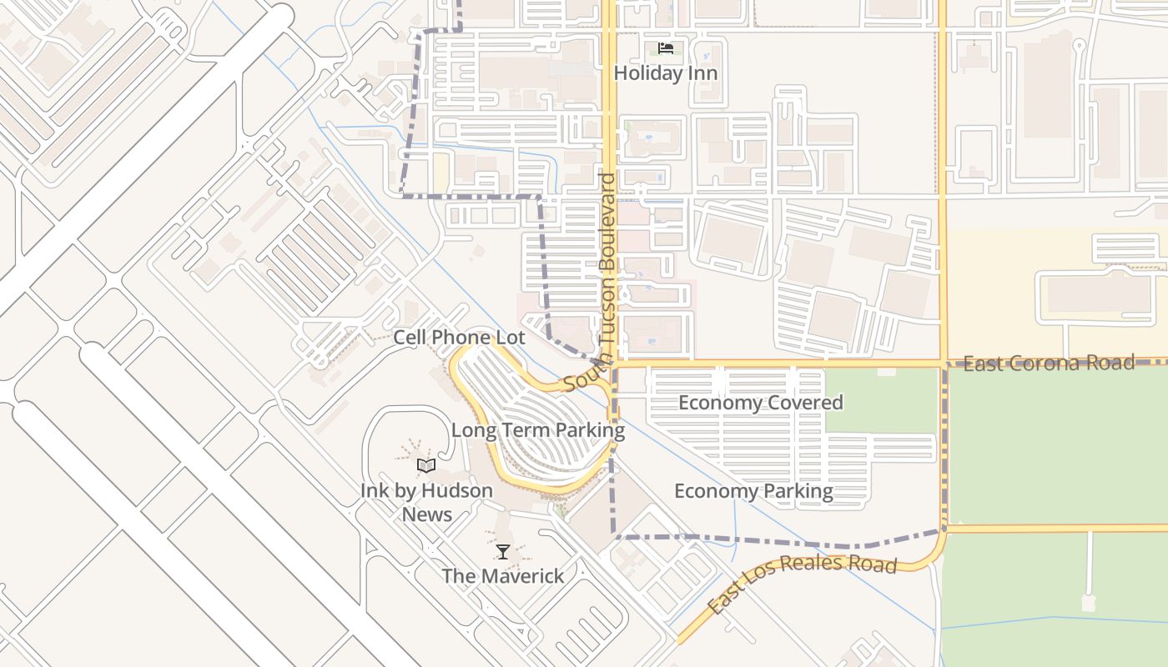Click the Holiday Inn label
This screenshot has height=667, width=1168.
665,73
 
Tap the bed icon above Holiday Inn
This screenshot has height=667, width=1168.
665,48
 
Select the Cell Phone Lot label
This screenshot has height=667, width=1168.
459,338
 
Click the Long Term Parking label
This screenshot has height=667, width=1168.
537,431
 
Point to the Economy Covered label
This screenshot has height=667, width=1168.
760,403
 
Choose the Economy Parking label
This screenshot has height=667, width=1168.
753,491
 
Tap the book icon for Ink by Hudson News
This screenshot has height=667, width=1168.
426,465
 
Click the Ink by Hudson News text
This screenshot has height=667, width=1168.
426,502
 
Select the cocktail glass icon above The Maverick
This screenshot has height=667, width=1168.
503,551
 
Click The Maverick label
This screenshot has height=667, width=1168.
502,576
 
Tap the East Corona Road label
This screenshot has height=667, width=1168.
1049,364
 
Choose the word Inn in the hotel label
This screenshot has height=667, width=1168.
701,73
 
